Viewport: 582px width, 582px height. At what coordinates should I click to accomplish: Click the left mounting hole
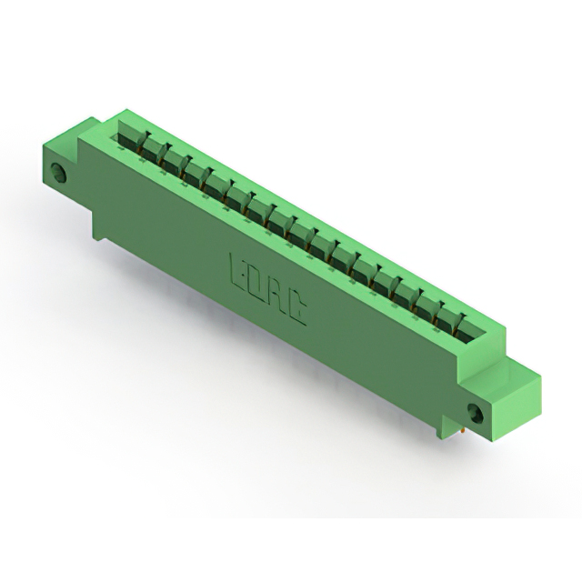[60, 174]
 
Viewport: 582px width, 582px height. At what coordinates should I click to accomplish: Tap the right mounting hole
[476, 413]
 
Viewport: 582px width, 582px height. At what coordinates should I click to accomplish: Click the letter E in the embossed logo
[236, 268]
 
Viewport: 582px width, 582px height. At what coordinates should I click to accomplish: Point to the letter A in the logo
[279, 297]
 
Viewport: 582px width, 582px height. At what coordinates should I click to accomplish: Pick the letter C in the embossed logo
[298, 311]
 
